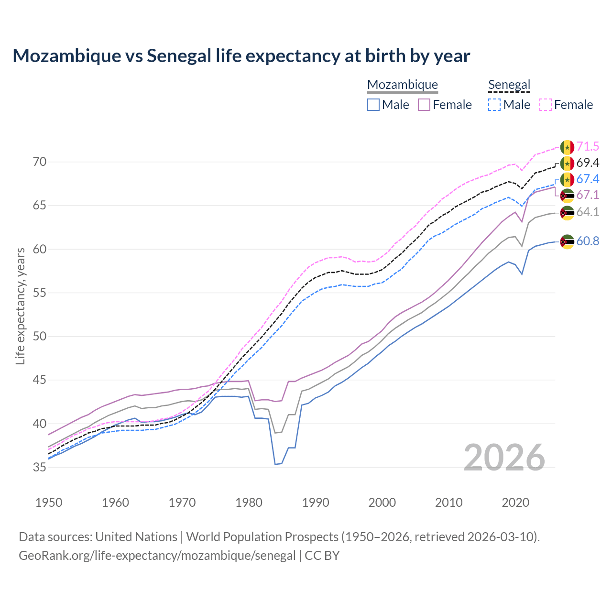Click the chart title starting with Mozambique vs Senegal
pyautogui.click(x=241, y=56)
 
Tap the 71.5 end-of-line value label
pyautogui.click(x=588, y=147)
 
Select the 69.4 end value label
pyautogui.click(x=588, y=163)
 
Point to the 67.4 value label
pyautogui.click(x=588, y=179)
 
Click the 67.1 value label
pyautogui.click(x=588, y=195)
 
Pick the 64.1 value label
pyautogui.click(x=588, y=212)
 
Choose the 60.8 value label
pyautogui.click(x=588, y=241)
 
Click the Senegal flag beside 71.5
pyautogui.click(x=567, y=147)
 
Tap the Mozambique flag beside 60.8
pyautogui.click(x=567, y=241)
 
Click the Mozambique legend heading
pyautogui.click(x=403, y=85)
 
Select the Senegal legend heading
pyautogui.click(x=509, y=85)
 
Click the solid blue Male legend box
pyautogui.click(x=373, y=105)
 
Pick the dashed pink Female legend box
pyautogui.click(x=546, y=105)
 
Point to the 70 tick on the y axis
pyautogui.click(x=40, y=162)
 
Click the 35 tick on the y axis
pyautogui.click(x=40, y=467)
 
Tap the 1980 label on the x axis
pyautogui.click(x=249, y=503)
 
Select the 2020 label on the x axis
pyautogui.click(x=515, y=503)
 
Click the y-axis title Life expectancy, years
pyautogui.click(x=20, y=306)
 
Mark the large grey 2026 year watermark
pyautogui.click(x=504, y=458)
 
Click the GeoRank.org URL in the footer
pyautogui.click(x=157, y=556)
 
